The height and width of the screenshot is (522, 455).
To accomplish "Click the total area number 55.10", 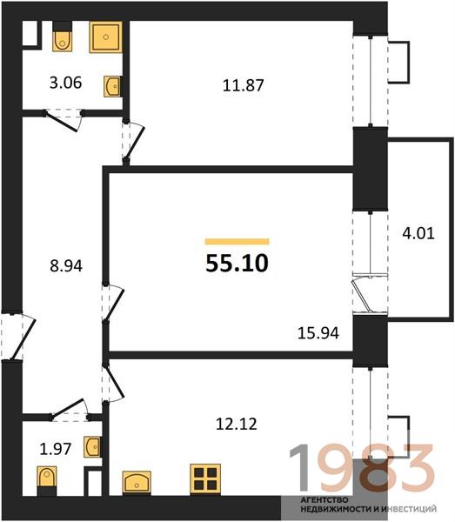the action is click(x=237, y=263).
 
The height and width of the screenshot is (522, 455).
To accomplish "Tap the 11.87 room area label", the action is click(x=243, y=85).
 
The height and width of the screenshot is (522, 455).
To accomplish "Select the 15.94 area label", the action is click(x=318, y=333).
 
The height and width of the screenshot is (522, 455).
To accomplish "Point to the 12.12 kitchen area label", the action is click(x=237, y=425).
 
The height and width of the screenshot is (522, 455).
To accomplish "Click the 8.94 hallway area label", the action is click(x=66, y=266).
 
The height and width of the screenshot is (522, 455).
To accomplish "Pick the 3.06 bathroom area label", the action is click(x=65, y=83).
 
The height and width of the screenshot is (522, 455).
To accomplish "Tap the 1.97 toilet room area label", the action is click(x=56, y=449).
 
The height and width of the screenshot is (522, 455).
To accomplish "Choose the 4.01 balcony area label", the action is click(x=418, y=233).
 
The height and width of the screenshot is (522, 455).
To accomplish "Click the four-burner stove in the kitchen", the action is click(x=205, y=478).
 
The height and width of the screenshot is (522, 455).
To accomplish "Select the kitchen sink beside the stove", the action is click(x=137, y=482).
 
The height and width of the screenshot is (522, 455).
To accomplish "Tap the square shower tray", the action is click(x=106, y=37).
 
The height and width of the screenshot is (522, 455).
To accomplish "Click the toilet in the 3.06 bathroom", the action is click(x=63, y=37).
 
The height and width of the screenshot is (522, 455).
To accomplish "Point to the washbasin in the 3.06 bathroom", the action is click(x=112, y=86).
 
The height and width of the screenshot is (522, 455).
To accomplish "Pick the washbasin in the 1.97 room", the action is click(x=92, y=446).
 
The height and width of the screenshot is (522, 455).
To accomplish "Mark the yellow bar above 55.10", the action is click(x=237, y=241).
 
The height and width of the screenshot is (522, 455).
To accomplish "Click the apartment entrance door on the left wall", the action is click(x=18, y=336).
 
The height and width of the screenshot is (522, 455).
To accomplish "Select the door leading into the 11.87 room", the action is click(x=133, y=142).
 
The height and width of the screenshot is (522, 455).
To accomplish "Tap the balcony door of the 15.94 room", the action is click(x=370, y=293).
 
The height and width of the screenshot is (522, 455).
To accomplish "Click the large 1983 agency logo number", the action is click(x=361, y=469).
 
